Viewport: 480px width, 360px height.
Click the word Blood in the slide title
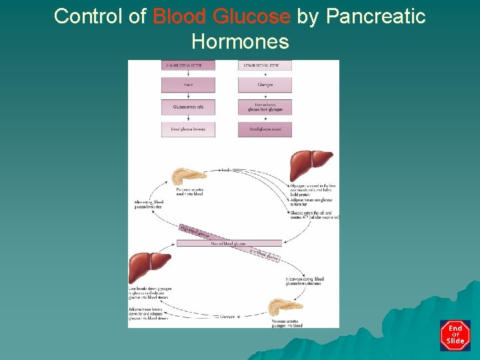coord(176,16)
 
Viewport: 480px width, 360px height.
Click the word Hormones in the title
coord(240,42)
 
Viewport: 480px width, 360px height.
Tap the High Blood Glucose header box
coord(188,65)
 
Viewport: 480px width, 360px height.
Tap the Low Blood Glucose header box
coord(265,65)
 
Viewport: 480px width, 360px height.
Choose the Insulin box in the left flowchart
coord(188,85)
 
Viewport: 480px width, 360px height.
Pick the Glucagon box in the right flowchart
coord(265,85)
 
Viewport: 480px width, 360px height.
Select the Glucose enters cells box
coord(188,107)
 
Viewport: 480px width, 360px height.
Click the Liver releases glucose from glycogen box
coord(265,107)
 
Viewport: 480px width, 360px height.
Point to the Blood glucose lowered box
coord(188,129)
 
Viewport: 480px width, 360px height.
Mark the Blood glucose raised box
coord(265,129)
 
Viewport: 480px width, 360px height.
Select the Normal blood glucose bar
coord(229,243)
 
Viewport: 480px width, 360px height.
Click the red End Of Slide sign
coord(455,335)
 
